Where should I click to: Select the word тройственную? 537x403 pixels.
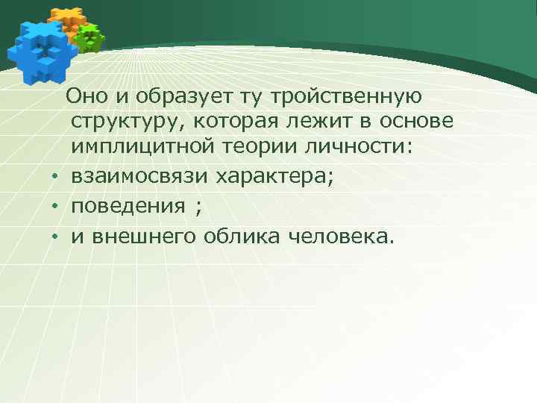point(348,96)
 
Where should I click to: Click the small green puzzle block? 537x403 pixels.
point(90,37)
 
